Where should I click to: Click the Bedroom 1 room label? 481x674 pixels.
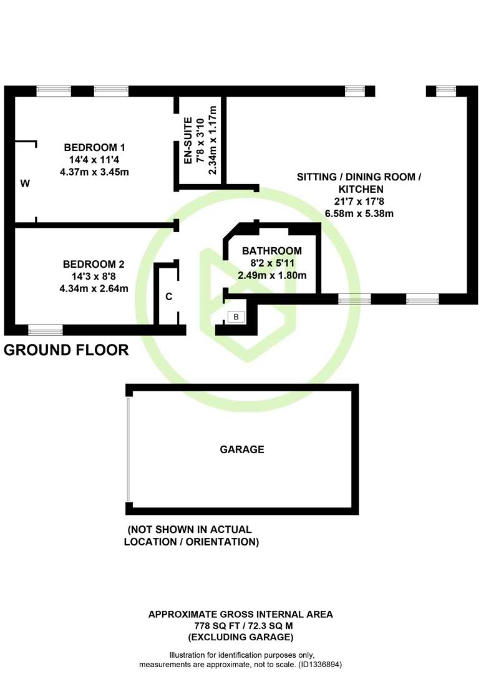(95, 147)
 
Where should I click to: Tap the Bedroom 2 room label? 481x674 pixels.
(94, 264)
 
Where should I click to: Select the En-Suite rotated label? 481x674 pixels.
(188, 140)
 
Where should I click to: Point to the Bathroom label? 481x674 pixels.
(271, 251)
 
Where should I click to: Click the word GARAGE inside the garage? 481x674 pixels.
(242, 449)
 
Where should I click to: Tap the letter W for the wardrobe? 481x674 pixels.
(26, 183)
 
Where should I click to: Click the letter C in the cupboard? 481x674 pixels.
(169, 296)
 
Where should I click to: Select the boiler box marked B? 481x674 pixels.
(236, 317)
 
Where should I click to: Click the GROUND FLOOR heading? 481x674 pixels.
(66, 350)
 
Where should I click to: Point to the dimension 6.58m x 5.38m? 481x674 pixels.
(359, 213)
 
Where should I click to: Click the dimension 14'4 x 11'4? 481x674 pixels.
(94, 160)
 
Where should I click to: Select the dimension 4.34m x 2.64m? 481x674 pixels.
(94, 288)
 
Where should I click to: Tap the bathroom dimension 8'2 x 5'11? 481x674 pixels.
(272, 263)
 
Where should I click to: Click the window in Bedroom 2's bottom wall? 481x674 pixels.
(45, 330)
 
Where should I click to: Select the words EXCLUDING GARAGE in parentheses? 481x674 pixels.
(241, 637)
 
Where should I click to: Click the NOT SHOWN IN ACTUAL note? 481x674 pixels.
(190, 530)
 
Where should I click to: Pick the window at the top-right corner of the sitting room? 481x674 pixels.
(446, 90)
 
